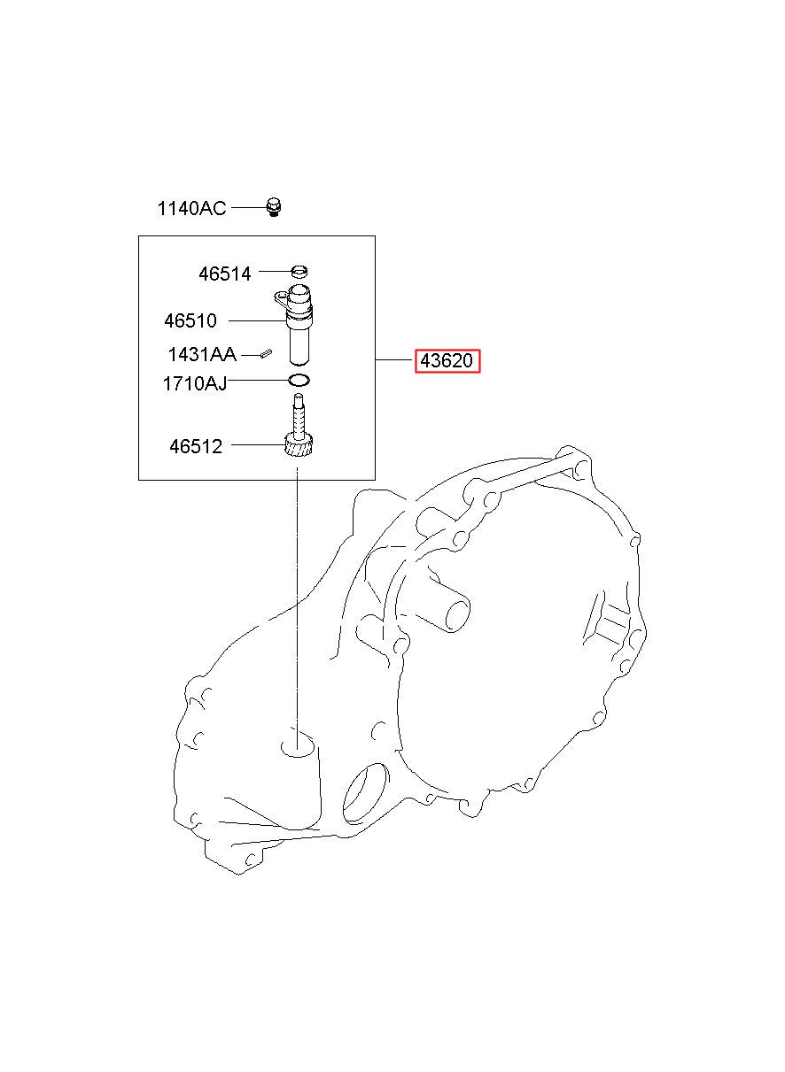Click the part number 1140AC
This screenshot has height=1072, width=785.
pyautogui.click(x=191, y=208)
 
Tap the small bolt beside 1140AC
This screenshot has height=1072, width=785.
pyautogui.click(x=273, y=207)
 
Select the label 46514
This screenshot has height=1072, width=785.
pyautogui.click(x=225, y=274)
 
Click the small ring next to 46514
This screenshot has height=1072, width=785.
pyautogui.click(x=299, y=272)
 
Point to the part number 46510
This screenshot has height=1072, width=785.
pyautogui.click(x=190, y=320)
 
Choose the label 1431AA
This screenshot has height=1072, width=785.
pyautogui.click(x=202, y=355)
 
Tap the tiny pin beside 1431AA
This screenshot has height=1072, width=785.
pyautogui.click(x=267, y=354)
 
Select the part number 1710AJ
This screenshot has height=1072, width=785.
pyautogui.click(x=194, y=383)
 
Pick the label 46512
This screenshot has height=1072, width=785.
pyautogui.click(x=196, y=446)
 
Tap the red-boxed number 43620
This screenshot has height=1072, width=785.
pyautogui.click(x=447, y=360)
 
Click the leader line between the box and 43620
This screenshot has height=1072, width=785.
pyautogui.click(x=395, y=359)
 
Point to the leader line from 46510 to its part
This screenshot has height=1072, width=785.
pyautogui.click(x=257, y=320)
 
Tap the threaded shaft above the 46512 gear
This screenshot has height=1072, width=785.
pyautogui.click(x=299, y=415)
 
